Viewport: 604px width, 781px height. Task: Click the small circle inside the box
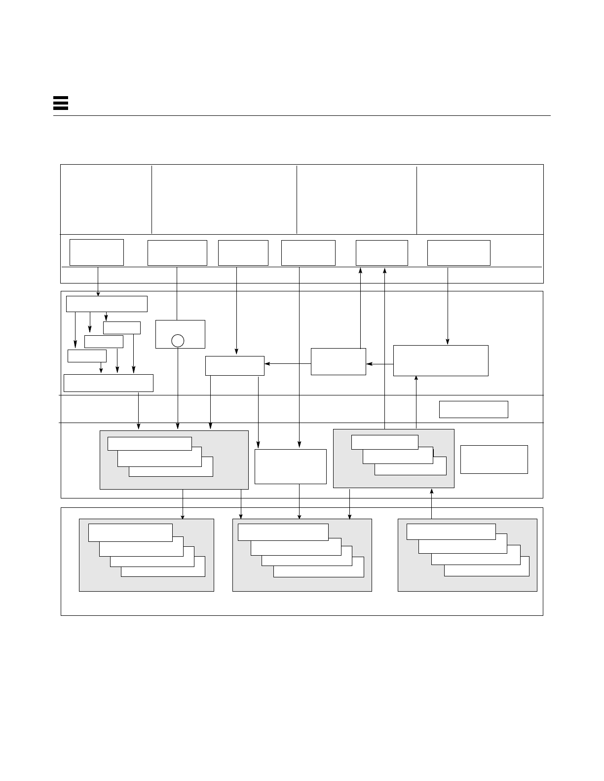(178, 340)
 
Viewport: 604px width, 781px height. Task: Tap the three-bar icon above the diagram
(60, 103)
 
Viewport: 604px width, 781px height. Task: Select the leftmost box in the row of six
(96, 252)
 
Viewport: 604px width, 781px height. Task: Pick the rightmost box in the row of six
(458, 252)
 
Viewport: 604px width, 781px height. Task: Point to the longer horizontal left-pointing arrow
(288, 364)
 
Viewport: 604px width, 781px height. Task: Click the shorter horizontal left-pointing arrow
(379, 364)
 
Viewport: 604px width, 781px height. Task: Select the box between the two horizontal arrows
(338, 361)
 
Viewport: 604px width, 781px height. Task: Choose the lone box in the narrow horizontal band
(473, 409)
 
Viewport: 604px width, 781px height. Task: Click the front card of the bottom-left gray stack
(130, 532)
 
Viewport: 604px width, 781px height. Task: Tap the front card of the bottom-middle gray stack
(283, 532)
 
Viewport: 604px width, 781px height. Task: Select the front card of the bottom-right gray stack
(451, 532)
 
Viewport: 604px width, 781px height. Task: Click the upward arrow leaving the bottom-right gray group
(432, 503)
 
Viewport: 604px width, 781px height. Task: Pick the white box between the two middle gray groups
(290, 466)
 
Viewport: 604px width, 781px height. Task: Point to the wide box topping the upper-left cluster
(107, 304)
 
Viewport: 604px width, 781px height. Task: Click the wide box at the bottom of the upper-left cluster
(108, 383)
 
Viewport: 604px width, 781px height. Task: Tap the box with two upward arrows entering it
(381, 252)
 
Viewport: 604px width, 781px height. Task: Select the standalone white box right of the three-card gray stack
(494, 459)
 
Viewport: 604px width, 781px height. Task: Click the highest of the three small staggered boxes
(121, 327)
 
